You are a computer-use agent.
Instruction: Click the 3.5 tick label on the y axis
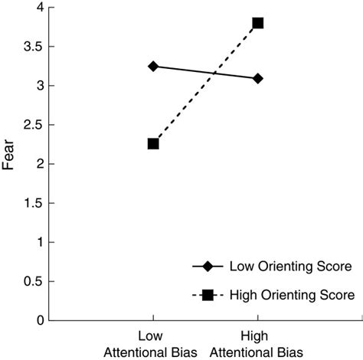[x=33, y=47]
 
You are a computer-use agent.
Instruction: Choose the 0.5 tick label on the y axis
[x=33, y=281]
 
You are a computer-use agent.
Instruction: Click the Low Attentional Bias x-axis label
[x=152, y=343]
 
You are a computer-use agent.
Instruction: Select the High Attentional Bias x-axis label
[x=257, y=343]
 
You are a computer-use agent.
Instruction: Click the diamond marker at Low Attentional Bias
[x=153, y=67]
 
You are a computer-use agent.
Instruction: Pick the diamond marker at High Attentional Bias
[x=258, y=78]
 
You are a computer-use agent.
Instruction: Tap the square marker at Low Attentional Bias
[x=153, y=143]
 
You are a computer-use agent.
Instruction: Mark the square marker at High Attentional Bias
[x=258, y=23]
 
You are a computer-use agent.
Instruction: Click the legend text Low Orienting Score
[x=291, y=267]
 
